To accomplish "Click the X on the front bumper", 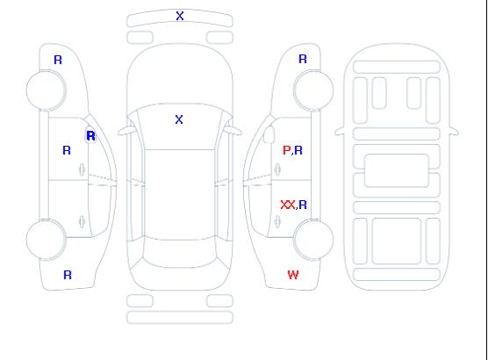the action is point(180,16).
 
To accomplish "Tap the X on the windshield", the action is point(179,119).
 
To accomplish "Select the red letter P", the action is point(286,150).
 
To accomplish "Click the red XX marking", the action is point(288,205).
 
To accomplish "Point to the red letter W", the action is point(293,275).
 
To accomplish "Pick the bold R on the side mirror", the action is point(91,136).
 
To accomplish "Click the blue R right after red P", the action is point(298,150).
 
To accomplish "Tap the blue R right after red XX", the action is point(303,205).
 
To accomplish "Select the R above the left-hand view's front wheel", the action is point(58,60).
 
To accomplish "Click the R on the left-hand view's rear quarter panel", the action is point(68,275).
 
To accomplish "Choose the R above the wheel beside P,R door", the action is point(303,59).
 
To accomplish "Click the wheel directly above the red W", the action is point(313,239).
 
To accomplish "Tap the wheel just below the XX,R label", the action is point(313,239).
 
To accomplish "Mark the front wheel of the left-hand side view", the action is point(46,90).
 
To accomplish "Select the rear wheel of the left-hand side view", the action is point(46,239).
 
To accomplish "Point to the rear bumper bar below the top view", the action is point(180,317).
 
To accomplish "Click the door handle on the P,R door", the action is point(277,169).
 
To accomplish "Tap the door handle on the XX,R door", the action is point(277,221).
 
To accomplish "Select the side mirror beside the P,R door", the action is point(269,134).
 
